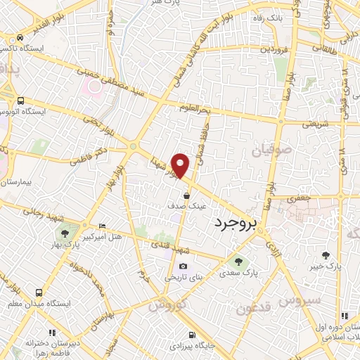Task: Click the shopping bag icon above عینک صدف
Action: (186, 195)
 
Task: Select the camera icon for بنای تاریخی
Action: (183, 266)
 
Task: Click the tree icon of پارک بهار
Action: (65, 233)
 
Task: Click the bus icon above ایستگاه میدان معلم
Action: (38, 292)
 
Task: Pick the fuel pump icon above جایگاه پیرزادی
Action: (191, 334)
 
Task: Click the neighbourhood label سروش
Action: (299, 301)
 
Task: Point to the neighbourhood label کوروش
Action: (167, 304)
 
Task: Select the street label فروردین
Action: (274, 51)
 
